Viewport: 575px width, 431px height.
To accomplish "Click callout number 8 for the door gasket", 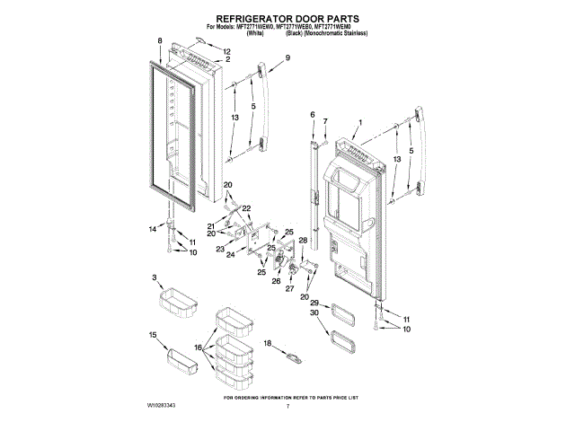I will pos(160,41).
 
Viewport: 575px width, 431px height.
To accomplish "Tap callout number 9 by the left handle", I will pos(288,58).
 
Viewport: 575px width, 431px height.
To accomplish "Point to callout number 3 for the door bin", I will pos(155,277).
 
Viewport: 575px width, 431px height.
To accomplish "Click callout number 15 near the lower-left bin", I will pos(153,335).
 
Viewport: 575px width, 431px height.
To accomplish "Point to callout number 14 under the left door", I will pos(152,229).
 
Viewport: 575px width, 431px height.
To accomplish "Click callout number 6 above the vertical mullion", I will pos(313,115).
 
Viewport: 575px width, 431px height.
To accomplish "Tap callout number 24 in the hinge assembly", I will pos(230,255).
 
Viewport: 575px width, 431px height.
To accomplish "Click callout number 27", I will pos(289,288).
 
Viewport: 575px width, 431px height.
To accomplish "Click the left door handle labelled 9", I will pos(265,103).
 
